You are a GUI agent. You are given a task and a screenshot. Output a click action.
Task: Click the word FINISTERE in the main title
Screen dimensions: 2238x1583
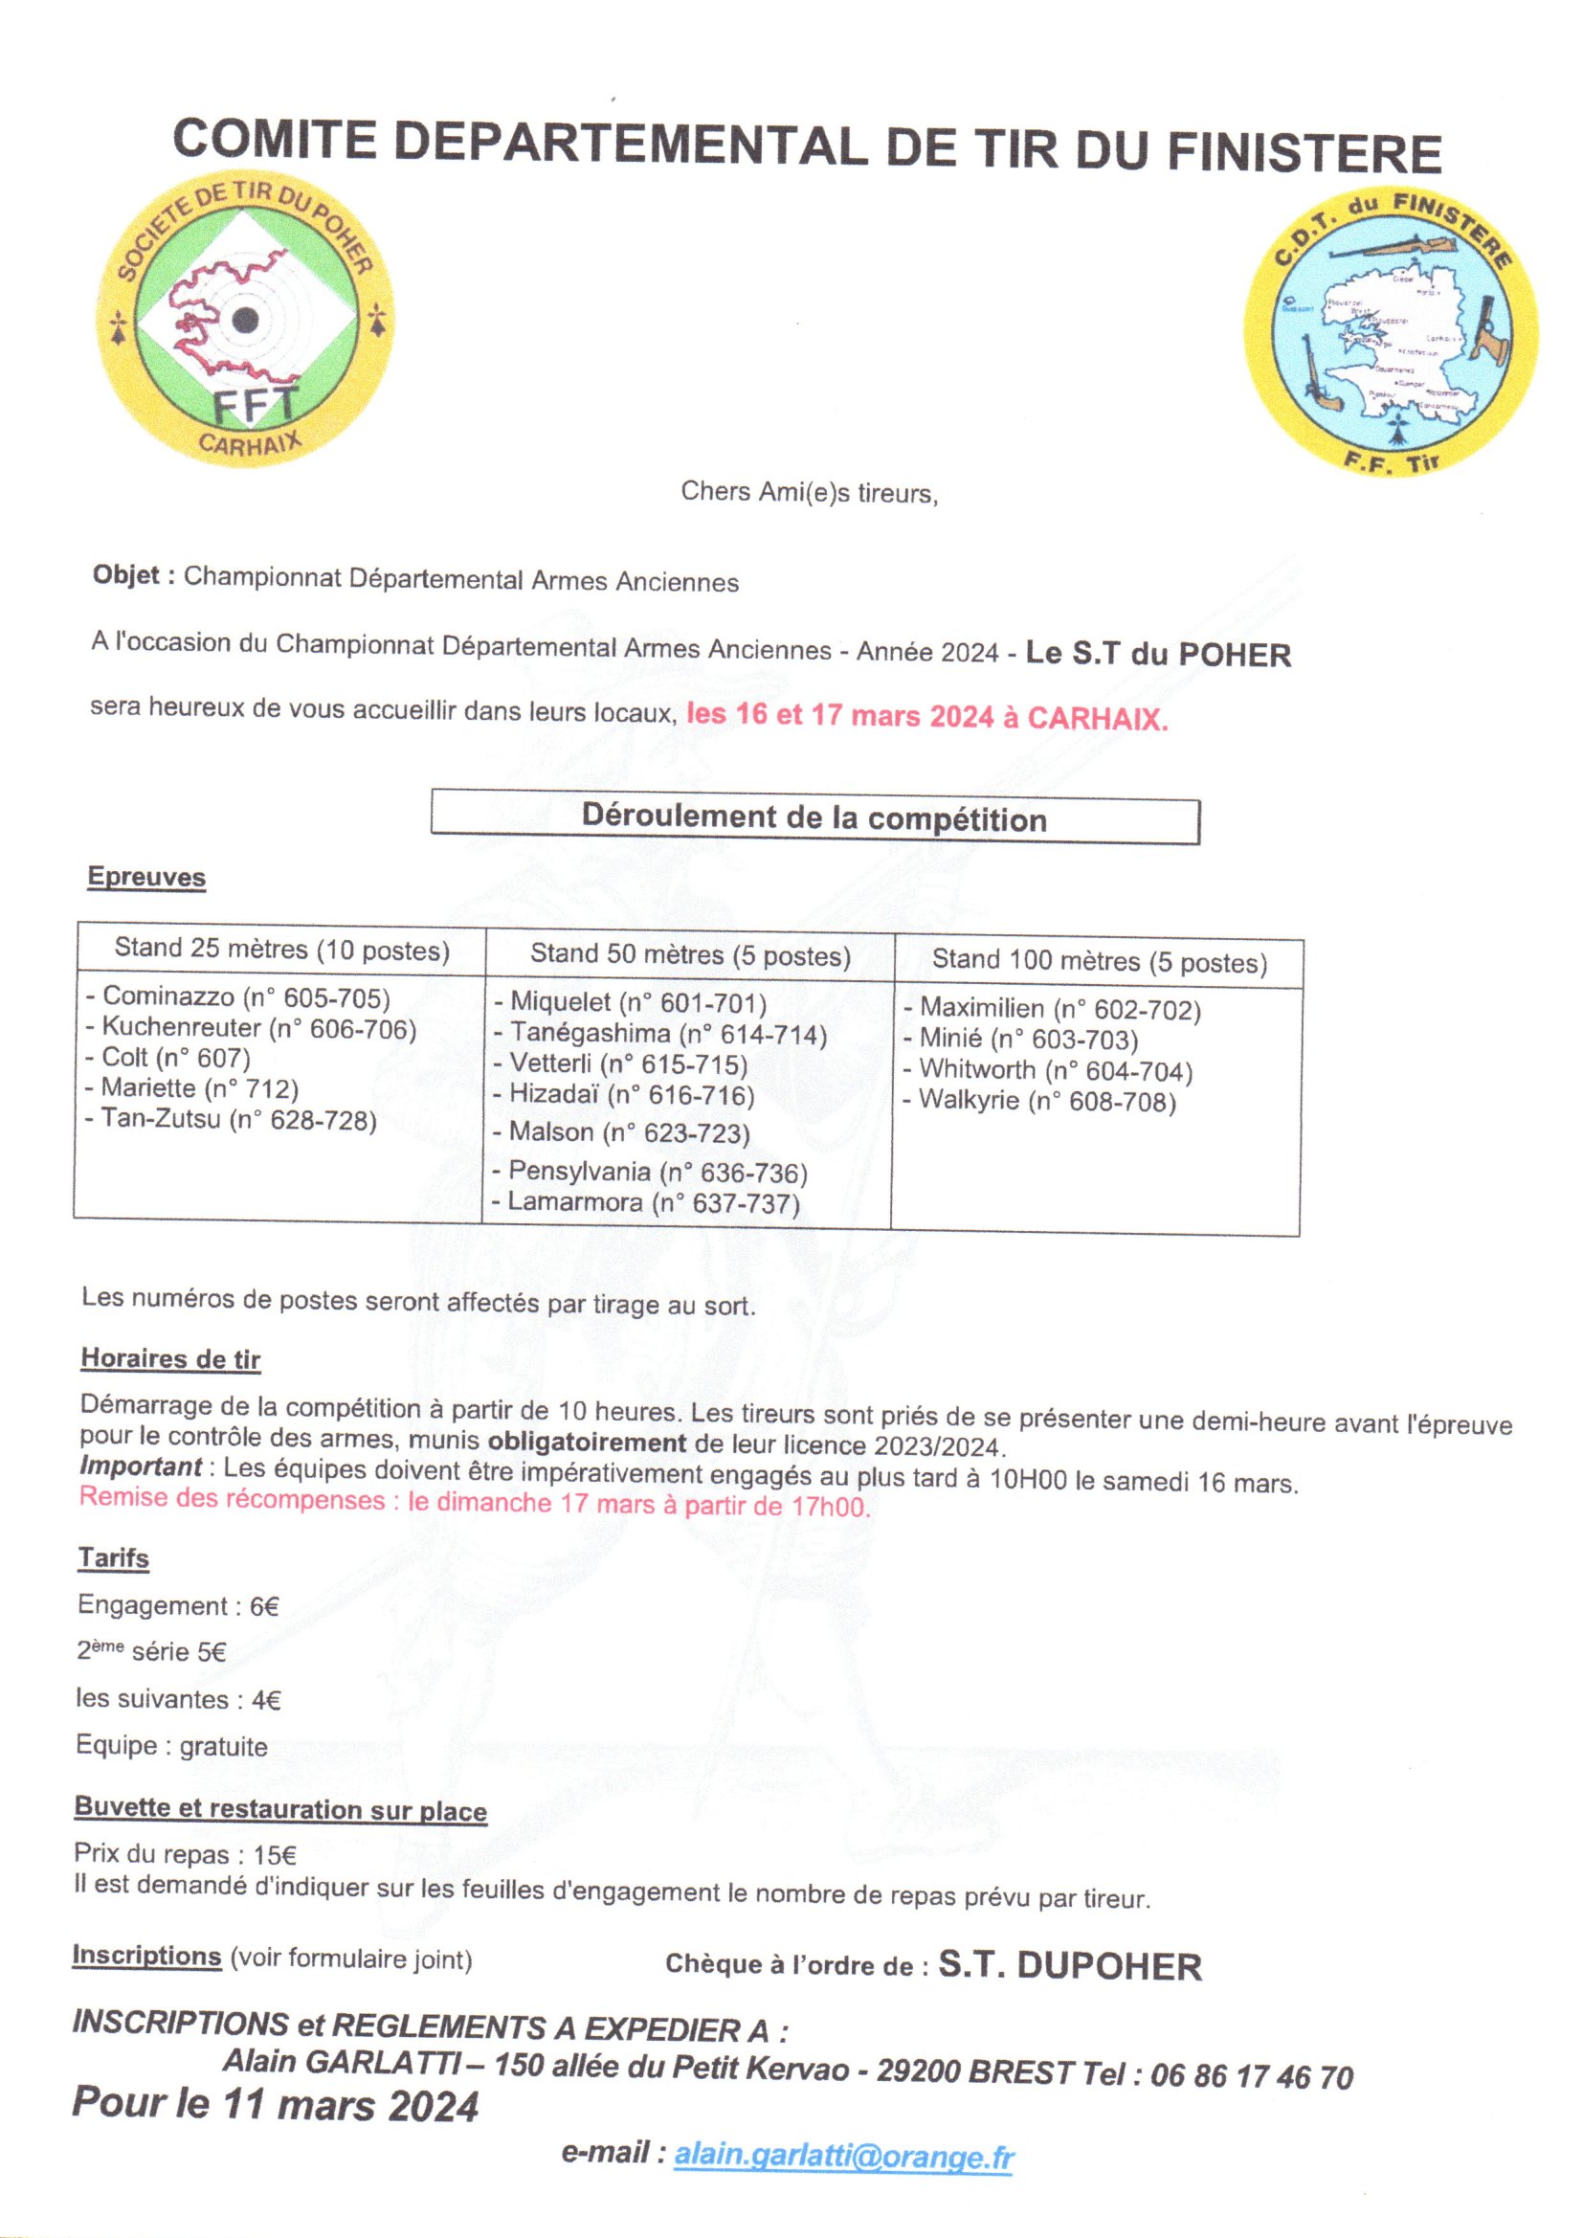coord(1304,153)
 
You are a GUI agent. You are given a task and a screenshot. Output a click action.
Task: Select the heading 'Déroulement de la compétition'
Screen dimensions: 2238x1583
coord(814,818)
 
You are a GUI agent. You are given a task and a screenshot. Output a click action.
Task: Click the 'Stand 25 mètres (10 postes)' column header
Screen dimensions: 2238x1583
coord(281,949)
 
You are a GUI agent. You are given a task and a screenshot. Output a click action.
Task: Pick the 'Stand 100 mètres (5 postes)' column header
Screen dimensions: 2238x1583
coord(1100,962)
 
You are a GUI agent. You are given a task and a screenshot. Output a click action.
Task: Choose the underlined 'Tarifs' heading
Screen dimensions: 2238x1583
coord(113,1557)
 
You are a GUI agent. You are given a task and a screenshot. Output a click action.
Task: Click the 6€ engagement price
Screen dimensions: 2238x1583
coord(264,1605)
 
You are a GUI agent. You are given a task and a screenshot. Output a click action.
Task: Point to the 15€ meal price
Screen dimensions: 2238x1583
coord(275,1855)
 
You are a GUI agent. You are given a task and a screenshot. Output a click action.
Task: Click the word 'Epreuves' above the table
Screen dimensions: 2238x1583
coord(146,876)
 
